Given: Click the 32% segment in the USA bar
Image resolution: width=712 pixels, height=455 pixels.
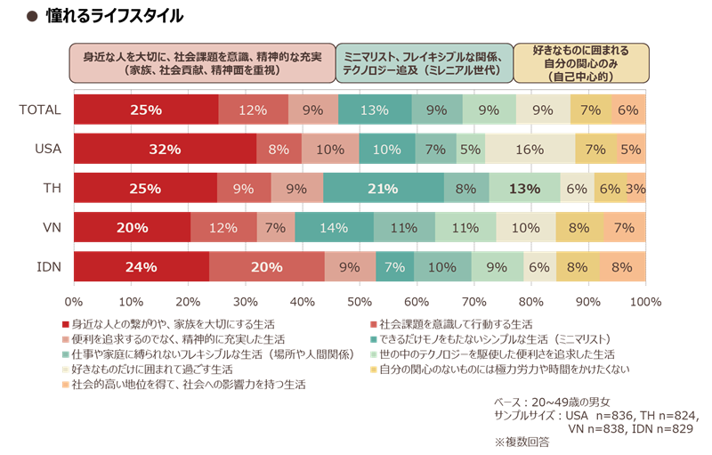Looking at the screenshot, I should click(165, 149).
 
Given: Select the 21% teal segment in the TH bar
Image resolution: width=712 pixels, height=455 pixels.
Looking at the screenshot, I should click(384, 188).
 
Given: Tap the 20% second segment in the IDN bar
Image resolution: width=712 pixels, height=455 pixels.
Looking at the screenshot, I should click(266, 266).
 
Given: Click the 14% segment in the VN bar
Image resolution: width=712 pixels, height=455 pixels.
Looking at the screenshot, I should click(334, 227).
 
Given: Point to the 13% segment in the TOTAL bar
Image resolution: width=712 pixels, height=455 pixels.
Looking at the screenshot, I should click(375, 110).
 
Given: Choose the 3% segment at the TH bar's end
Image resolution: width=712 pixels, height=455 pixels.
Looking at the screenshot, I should click(635, 188).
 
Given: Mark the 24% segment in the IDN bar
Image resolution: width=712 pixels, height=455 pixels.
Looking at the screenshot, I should click(141, 266).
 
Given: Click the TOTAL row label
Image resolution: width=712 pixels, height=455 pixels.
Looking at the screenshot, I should click(39, 110).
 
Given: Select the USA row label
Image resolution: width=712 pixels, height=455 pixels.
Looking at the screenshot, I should click(44, 149).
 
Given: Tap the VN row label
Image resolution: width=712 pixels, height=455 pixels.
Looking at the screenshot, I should click(50, 227).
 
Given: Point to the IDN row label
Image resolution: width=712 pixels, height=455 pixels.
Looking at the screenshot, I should click(46, 266).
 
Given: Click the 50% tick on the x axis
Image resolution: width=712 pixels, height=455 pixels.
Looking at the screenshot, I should click(360, 302).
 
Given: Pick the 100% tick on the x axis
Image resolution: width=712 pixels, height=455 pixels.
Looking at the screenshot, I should click(645, 302).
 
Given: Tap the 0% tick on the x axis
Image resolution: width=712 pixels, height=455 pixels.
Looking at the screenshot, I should click(74, 302).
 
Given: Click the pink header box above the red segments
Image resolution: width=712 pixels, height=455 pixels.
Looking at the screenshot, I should click(203, 62).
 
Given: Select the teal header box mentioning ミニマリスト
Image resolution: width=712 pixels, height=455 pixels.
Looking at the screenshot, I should click(424, 62).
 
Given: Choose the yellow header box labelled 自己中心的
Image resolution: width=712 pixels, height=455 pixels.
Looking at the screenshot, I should click(580, 62).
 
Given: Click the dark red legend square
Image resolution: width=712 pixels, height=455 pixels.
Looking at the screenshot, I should click(65, 322).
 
